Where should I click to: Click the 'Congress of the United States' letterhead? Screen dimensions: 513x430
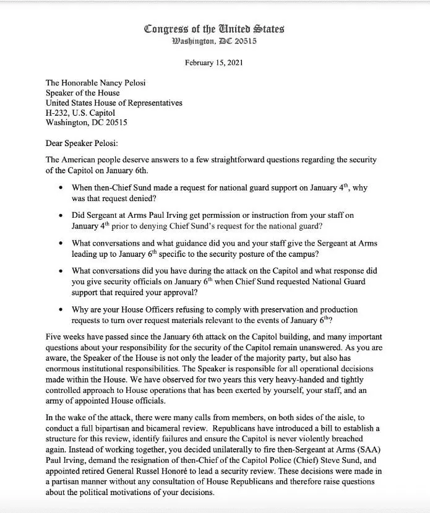(x=214, y=28)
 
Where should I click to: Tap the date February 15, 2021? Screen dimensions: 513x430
(x=214, y=63)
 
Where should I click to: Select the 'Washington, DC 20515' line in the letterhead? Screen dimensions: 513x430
(x=214, y=41)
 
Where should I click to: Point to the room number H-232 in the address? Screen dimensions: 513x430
(x=59, y=113)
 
